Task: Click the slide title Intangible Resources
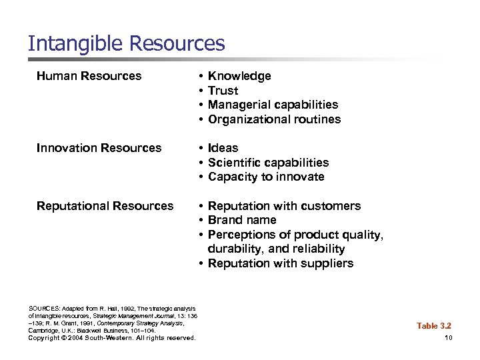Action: (x=127, y=44)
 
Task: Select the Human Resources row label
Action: (x=89, y=76)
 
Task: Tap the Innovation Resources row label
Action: (x=99, y=148)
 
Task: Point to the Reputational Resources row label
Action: (x=105, y=206)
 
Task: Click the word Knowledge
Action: (x=239, y=76)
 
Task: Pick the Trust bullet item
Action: (x=223, y=91)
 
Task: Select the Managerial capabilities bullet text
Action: (x=273, y=105)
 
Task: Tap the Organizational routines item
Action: (x=274, y=119)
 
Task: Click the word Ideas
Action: (x=223, y=148)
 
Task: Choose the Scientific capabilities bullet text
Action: (x=268, y=163)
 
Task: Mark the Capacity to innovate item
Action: (x=266, y=177)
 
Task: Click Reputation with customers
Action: (x=284, y=206)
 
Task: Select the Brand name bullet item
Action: (x=242, y=220)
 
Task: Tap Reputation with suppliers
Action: (x=281, y=263)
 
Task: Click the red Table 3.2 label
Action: (x=434, y=325)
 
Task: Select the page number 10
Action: (x=448, y=338)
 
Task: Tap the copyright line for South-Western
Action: (x=112, y=338)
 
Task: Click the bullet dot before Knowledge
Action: (x=201, y=77)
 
